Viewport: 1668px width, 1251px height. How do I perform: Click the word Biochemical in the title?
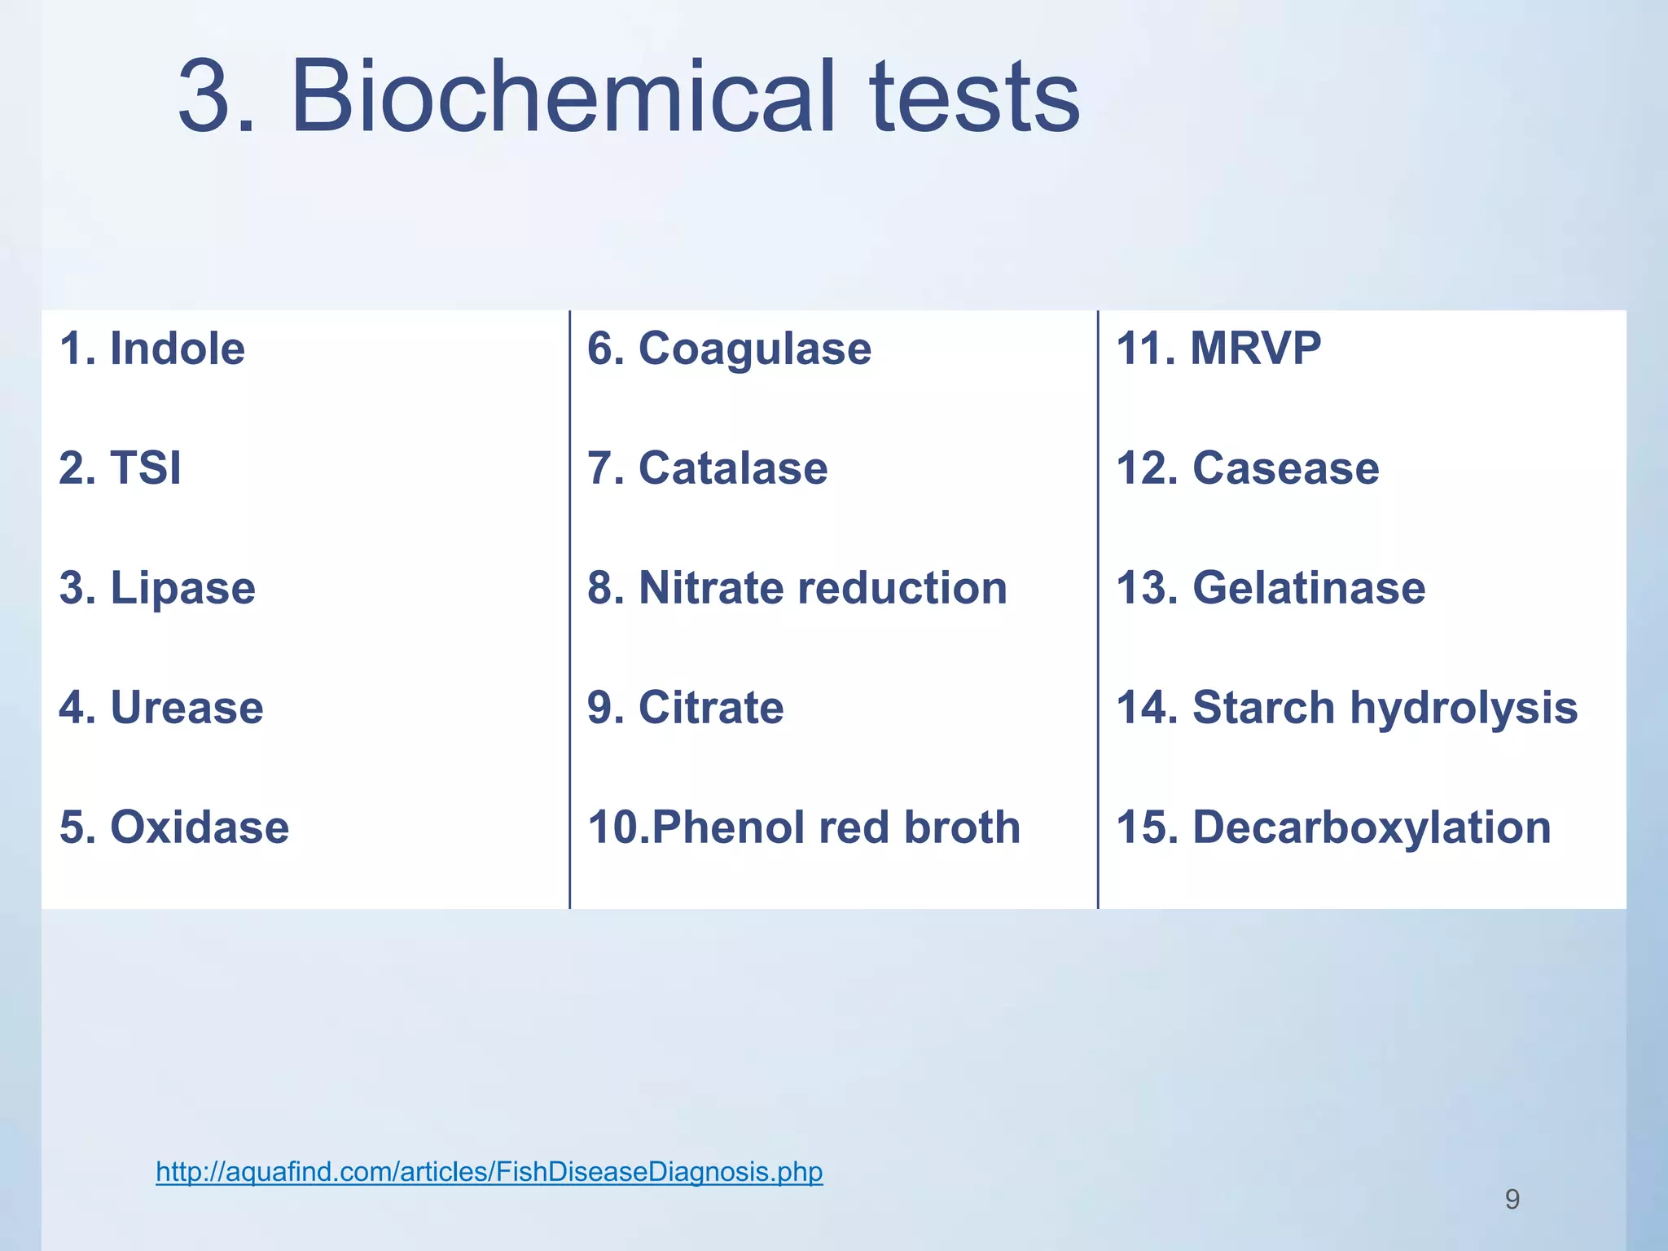pos(562,98)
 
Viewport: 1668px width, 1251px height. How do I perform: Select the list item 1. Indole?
pos(152,349)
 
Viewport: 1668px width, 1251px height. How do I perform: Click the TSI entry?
pos(121,468)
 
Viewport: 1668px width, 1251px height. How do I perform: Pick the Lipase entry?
pos(158,588)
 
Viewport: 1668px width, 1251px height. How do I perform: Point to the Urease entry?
pos(161,707)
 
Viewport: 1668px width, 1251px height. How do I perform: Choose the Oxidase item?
pos(174,827)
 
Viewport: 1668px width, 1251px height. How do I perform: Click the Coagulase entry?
pos(729,349)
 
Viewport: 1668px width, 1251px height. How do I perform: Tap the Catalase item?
pos(707,468)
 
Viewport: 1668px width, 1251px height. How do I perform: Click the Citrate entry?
pos(685,707)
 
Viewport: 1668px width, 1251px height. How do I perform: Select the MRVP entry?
pos(1218,349)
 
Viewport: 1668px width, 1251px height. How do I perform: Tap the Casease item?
pos(1248,468)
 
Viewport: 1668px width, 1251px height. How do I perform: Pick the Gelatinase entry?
pos(1271,588)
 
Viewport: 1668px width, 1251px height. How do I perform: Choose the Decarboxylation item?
pos(1334,827)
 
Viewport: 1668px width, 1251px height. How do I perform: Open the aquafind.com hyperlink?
pos(489,1171)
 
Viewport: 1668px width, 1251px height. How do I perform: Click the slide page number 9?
pos(1512,1199)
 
